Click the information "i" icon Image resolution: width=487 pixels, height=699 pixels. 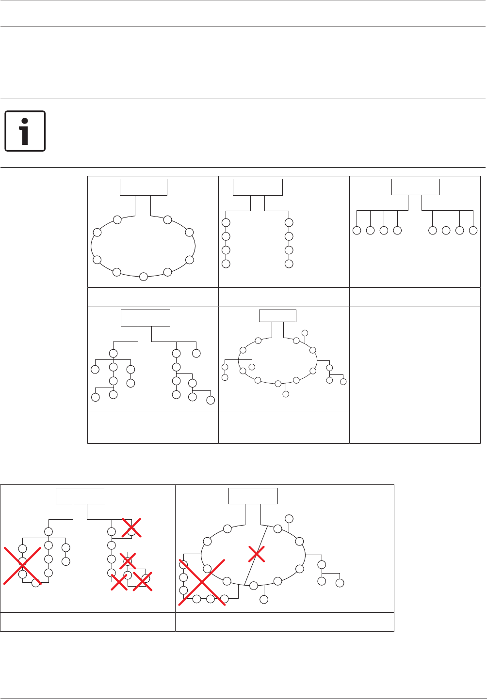pos(25,131)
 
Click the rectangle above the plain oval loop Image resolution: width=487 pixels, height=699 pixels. pos(144,187)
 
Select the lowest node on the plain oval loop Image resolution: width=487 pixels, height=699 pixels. pos(144,277)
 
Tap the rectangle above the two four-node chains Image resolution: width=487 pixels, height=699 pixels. pos(258,187)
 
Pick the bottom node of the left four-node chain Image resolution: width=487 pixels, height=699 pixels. pos(226,264)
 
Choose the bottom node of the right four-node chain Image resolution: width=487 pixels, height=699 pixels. pos(289,264)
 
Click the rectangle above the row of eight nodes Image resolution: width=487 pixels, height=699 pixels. pos(416,187)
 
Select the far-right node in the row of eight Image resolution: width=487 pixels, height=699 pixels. pos(473,231)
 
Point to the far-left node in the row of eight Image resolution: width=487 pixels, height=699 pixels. pos(357,231)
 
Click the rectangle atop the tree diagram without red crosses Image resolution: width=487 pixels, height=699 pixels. pos(146,318)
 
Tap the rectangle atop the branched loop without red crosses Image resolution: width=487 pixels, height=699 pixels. pos(277,316)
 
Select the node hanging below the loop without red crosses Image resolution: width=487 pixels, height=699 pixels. pos(286,394)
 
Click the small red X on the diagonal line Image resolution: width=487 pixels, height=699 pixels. pos(257,554)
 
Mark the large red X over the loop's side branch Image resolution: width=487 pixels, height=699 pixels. pos(202,582)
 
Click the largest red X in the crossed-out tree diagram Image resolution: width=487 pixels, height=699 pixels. pos(22,566)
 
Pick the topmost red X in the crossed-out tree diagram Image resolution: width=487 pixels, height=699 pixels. pos(131,528)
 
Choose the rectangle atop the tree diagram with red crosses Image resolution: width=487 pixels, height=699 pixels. pos(81,496)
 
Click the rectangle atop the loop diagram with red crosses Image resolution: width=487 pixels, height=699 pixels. pos(253,496)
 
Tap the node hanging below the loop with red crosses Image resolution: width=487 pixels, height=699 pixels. pos(264,600)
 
